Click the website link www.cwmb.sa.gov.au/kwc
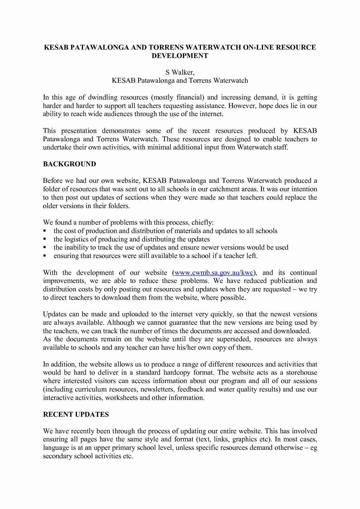coord(214,273)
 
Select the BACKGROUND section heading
coord(69,164)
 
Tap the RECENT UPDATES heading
coord(76,414)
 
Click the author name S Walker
coord(180,72)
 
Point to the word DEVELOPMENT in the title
coord(180,56)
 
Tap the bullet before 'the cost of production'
coord(45,231)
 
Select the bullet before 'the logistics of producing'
coord(45,239)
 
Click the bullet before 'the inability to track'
coord(45,248)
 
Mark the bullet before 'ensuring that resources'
coord(45,256)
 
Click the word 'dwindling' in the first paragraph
coord(102,98)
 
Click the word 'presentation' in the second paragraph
coord(79,131)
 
